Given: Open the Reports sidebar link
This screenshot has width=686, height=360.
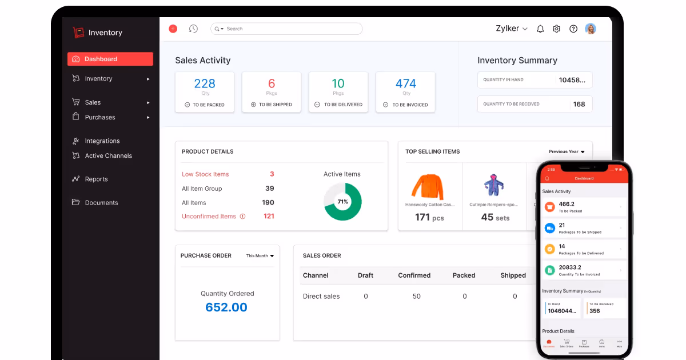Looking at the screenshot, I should (96, 179).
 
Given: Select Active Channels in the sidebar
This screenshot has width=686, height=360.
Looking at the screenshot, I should (108, 155).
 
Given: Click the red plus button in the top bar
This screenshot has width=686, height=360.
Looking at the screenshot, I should (173, 29).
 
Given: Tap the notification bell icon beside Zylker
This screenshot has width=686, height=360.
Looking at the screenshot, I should (540, 29).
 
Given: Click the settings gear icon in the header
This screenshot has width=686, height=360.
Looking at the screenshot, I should (556, 29).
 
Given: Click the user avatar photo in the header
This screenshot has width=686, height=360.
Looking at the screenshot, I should (591, 29).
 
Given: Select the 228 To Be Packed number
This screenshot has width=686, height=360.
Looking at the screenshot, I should (205, 83).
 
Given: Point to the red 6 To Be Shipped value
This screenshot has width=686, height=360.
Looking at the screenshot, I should (272, 83).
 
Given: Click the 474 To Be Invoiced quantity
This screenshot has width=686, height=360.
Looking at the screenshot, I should (406, 83).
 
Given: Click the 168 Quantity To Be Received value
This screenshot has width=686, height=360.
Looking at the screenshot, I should (579, 104).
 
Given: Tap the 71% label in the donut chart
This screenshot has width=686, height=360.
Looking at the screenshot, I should (342, 202).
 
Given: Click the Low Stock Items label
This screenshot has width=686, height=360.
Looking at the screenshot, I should (205, 174).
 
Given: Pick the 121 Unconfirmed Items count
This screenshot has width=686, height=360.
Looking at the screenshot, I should (269, 216).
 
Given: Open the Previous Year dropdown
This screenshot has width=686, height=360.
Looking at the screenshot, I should (567, 151).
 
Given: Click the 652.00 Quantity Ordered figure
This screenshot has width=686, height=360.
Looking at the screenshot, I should (226, 307).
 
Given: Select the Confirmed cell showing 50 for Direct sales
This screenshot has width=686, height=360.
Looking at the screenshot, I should (416, 296).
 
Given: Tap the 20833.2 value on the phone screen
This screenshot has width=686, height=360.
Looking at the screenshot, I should (569, 267).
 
